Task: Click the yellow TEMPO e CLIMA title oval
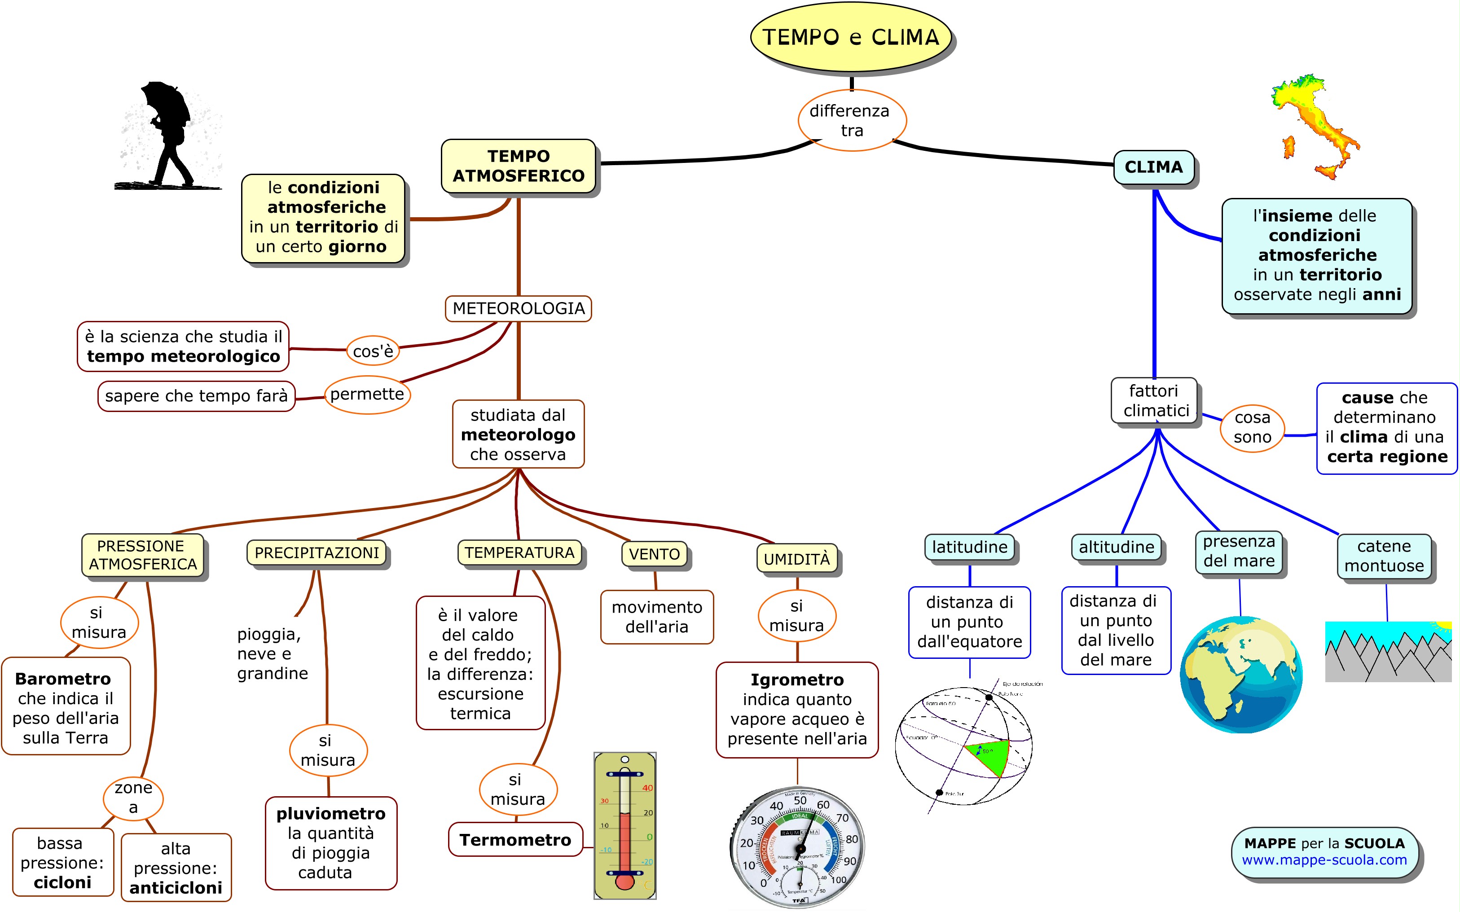coord(851,37)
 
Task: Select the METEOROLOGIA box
coord(518,308)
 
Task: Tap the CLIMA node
coord(1153,167)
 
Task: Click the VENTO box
coord(654,554)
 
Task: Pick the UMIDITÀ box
coord(796,559)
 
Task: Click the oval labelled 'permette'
coord(367,395)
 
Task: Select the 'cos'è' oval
coord(373,351)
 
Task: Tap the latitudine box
coord(969,547)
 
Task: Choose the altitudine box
coord(1116,547)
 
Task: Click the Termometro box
coord(515,840)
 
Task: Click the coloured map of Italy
coord(1315,127)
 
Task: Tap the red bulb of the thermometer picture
coord(624,882)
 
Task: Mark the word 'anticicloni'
coord(176,888)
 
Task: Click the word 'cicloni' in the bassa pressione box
coord(63,882)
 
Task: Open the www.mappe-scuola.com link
coord(1324,860)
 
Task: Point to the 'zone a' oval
coord(133,798)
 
